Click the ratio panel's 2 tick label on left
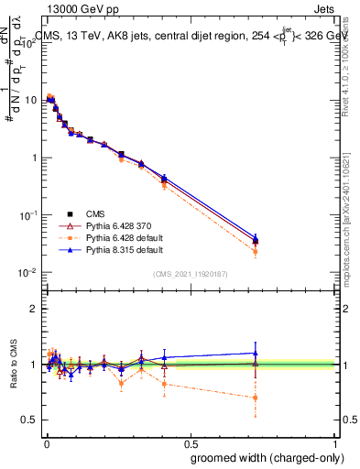[x=35, y=309]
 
